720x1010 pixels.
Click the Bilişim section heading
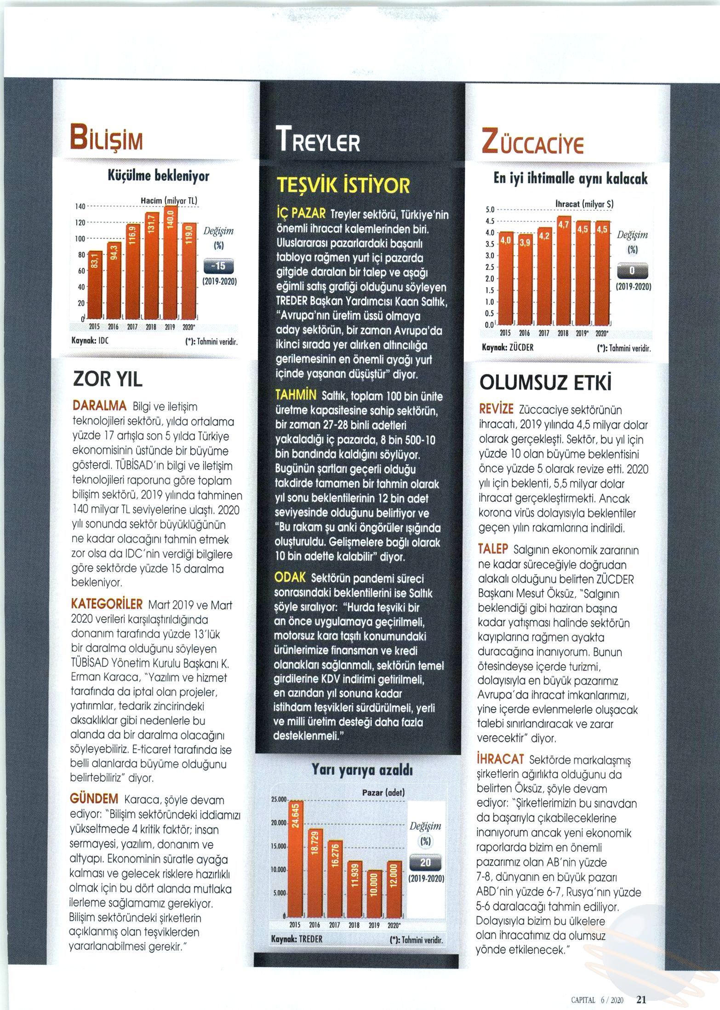pyautogui.click(x=106, y=137)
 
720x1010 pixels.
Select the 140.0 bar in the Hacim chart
pyautogui.click(x=171, y=262)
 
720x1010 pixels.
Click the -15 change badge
pyautogui.click(x=218, y=267)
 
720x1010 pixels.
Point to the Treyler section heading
pyautogui.click(x=318, y=140)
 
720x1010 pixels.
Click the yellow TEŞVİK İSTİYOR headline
pyautogui.click(x=343, y=186)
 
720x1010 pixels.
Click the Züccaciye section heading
pyautogui.click(x=532, y=141)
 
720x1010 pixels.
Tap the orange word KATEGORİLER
pyautogui.click(x=107, y=604)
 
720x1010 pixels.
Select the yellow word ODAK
pyautogui.click(x=290, y=578)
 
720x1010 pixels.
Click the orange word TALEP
pyautogui.click(x=493, y=549)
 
